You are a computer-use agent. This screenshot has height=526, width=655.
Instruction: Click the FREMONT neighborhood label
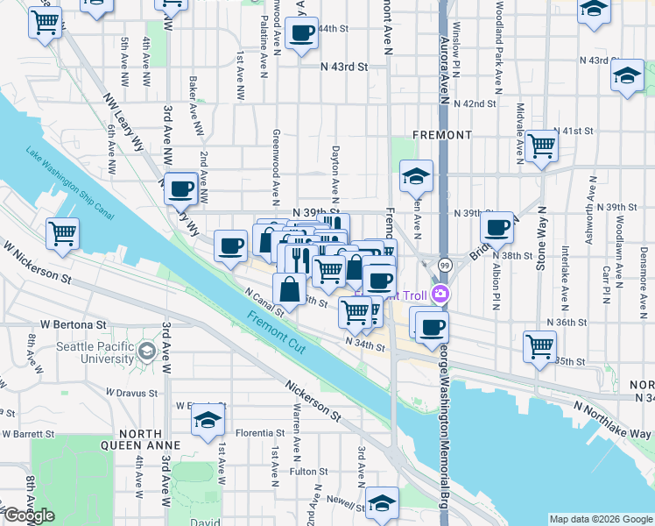click(x=445, y=135)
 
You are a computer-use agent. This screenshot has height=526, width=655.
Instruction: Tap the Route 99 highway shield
click(x=446, y=266)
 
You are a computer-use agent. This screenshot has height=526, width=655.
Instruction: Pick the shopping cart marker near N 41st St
click(x=542, y=146)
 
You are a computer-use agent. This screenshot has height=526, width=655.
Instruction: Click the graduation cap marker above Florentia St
click(x=208, y=421)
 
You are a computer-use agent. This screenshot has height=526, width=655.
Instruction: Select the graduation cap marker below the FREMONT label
click(x=417, y=176)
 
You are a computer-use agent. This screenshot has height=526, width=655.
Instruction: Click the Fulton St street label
click(x=309, y=472)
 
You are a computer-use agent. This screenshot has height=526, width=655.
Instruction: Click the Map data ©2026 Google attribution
click(x=600, y=519)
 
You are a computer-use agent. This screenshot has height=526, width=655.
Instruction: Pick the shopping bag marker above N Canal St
click(x=289, y=288)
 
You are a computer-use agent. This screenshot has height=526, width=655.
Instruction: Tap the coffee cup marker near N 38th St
click(x=497, y=228)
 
